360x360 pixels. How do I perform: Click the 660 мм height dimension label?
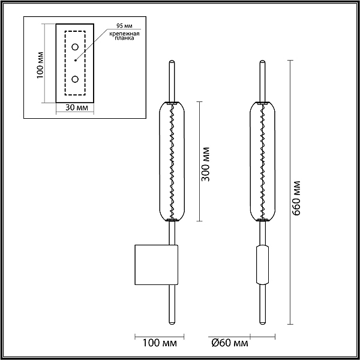tap(296, 199)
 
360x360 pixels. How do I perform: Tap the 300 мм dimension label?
tap(205, 164)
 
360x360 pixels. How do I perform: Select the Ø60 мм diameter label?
tap(230, 343)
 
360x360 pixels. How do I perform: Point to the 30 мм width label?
tap(77, 107)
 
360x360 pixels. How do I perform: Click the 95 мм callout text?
tap(124, 25)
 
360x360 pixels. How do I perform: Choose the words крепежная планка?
tap(124, 36)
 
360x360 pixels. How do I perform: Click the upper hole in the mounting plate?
tap(75, 47)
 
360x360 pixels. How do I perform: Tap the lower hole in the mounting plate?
tap(75, 79)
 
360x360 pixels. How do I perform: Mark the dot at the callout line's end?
tap(76, 61)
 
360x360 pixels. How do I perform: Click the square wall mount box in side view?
tap(157, 265)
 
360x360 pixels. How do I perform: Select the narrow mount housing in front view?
tap(262, 265)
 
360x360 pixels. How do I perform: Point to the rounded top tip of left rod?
tap(172, 62)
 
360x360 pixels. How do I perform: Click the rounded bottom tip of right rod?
tap(262, 323)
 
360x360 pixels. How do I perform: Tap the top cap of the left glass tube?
tap(172, 103)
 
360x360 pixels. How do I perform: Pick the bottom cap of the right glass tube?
tap(262, 220)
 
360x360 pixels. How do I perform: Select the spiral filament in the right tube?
tap(262, 161)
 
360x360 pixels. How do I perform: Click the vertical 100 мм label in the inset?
tap(40, 65)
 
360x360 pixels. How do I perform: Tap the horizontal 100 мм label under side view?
tap(160, 343)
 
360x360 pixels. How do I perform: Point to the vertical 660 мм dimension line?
tap(290, 192)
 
